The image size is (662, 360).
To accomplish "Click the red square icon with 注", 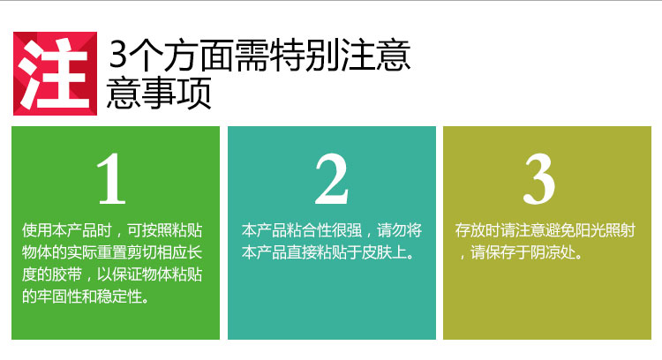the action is click(x=56, y=73).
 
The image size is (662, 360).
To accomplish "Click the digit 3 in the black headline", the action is click(x=117, y=56).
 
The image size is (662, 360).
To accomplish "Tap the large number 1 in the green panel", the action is click(x=111, y=179).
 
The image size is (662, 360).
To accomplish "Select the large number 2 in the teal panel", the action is click(x=331, y=179).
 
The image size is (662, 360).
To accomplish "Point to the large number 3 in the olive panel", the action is click(x=539, y=179).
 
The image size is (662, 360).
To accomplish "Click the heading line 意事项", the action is click(x=158, y=93).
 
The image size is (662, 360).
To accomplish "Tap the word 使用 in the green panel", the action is click(x=37, y=230).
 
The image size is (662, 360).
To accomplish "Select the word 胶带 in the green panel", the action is click(x=67, y=274).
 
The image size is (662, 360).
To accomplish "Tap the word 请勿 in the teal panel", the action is click(x=392, y=230).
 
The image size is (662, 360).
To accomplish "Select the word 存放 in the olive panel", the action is click(x=470, y=230).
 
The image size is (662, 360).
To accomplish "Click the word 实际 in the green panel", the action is click(x=82, y=252).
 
